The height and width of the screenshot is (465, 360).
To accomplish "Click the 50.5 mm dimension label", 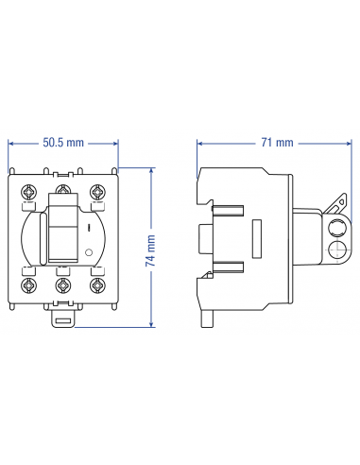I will coord(63,143).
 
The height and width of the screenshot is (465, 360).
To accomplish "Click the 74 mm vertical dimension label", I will coord(151,250).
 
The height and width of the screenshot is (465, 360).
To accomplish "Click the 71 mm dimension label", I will coord(277,143).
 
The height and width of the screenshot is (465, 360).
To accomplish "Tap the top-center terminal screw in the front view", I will coord(63,188).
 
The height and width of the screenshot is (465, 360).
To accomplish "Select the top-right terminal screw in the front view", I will coord(97,188).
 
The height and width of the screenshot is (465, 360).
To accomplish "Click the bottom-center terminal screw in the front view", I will coord(63,284).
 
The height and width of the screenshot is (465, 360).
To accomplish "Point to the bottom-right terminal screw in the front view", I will coord(97,284).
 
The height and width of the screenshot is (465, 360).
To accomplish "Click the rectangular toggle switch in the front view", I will coord(62,235).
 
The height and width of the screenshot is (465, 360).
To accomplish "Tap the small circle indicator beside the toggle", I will coord(90,253).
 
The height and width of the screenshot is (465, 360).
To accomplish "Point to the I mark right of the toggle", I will coord(89,228).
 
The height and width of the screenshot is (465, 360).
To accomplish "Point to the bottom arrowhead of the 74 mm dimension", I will coord(151,324).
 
